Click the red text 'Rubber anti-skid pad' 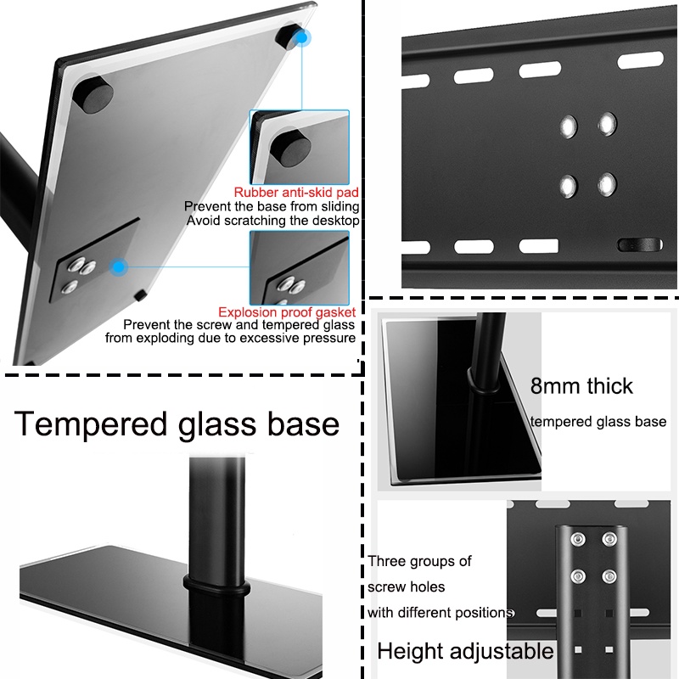pyautogui.click(x=296, y=193)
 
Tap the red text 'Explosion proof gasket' pyautogui.click(x=287, y=312)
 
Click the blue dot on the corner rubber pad pyautogui.click(x=301, y=38)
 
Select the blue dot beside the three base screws pyautogui.click(x=118, y=267)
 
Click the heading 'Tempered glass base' pyautogui.click(x=177, y=424)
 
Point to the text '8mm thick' pyautogui.click(x=581, y=386)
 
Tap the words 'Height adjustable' pyautogui.click(x=465, y=651)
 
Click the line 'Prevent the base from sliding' pyautogui.click(x=272, y=206)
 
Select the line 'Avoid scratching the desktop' pyautogui.click(x=272, y=221)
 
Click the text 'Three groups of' pyautogui.click(x=419, y=561)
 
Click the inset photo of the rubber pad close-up pyautogui.click(x=300, y=147)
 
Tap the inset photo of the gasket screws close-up pyautogui.click(x=300, y=267)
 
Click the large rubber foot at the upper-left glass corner pyautogui.click(x=93, y=94)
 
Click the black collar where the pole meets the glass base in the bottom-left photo pyautogui.click(x=216, y=584)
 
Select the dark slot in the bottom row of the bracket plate pyautogui.click(x=640, y=244)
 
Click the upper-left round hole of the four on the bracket pyautogui.click(x=568, y=126)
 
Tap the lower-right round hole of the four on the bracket pyautogui.click(x=607, y=184)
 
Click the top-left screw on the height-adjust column pyautogui.click(x=578, y=539)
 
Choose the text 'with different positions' pyautogui.click(x=441, y=613)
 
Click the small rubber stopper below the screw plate pyautogui.click(x=140, y=295)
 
